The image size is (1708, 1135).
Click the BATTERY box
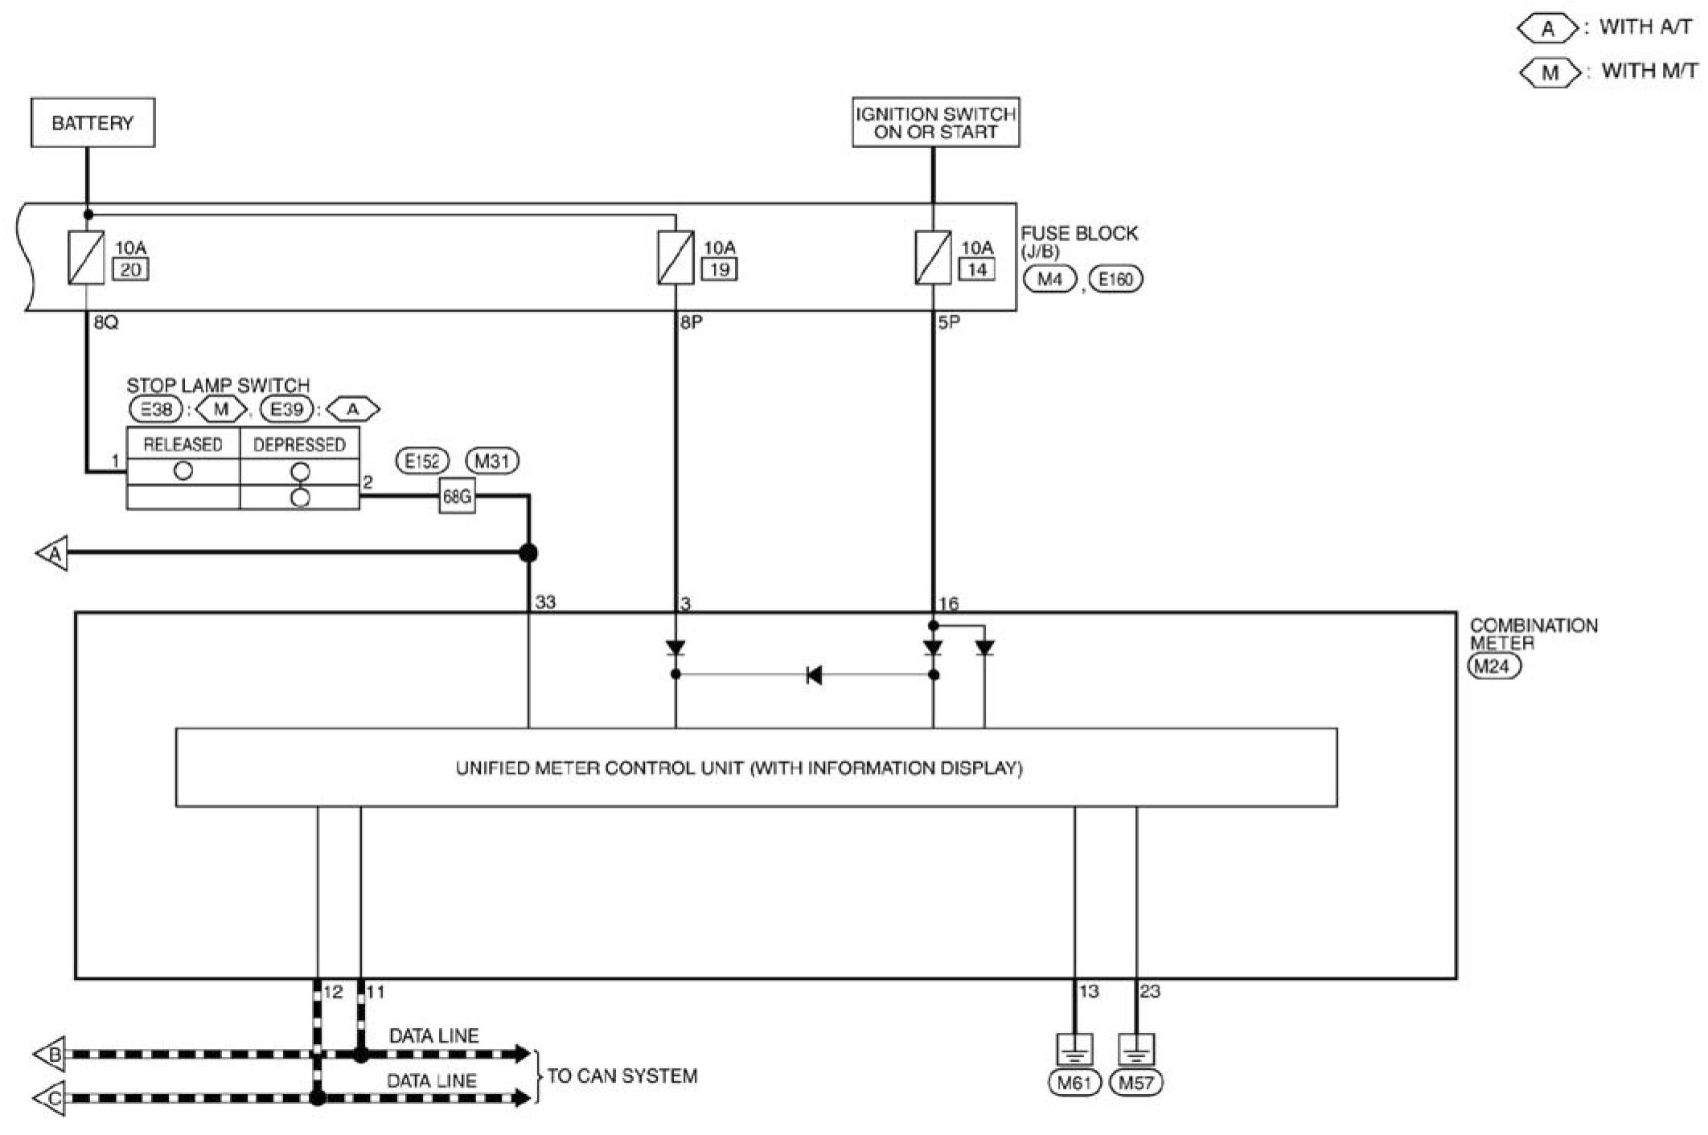[x=92, y=123]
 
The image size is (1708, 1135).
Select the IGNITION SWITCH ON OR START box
[x=935, y=123]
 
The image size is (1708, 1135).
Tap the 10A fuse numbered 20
[x=86, y=257]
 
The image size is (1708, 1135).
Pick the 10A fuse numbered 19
[x=675, y=257]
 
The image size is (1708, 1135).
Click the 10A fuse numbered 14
[x=933, y=257]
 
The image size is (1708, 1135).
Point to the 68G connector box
[x=457, y=497]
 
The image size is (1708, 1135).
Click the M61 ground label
[x=1074, y=1083]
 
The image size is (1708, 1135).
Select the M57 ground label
[x=1136, y=1083]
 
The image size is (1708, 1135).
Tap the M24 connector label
[x=1494, y=666]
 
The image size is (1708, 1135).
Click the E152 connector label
[x=422, y=461]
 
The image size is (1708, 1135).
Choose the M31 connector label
[x=492, y=461]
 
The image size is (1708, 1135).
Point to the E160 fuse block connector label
[x=1115, y=280]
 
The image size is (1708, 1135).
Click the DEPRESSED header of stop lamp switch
[x=299, y=445]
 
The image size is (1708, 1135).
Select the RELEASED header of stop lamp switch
[x=183, y=445]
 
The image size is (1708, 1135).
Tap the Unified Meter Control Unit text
[x=739, y=768]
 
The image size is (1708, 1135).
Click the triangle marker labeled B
[x=51, y=1055]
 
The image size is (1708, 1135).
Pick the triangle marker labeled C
[x=51, y=1099]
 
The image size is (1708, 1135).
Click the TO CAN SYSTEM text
[x=622, y=1076]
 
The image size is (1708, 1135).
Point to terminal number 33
[x=545, y=602]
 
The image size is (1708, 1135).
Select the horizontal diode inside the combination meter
[x=814, y=675]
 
